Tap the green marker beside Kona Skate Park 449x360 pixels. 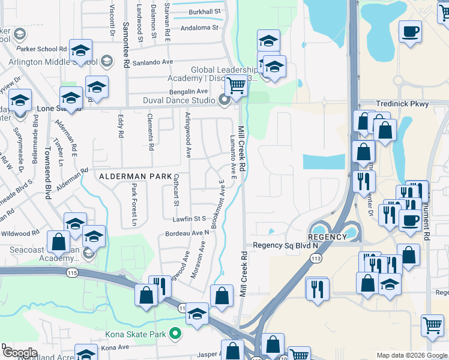pos(175,334)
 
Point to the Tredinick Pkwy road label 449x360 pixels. pos(400,104)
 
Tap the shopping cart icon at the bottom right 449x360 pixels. pos(432,325)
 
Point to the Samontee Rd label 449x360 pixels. pos(126,45)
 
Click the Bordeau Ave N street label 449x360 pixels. pos(191,233)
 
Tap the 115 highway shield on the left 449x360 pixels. pos(73,272)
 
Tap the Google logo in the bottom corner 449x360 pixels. pos(20,352)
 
